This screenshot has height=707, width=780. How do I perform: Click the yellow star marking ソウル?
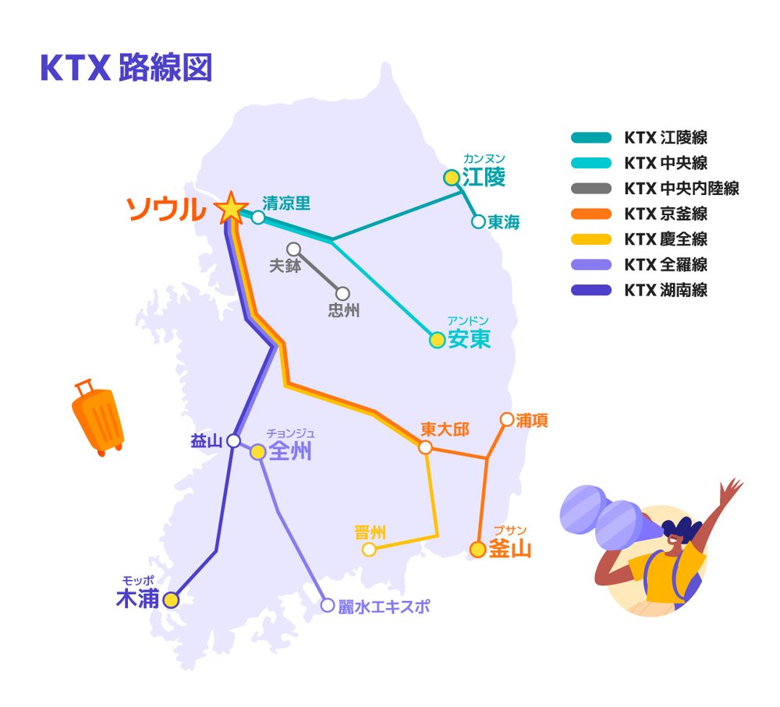click(230, 208)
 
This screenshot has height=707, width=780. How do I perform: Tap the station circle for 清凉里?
click(258, 217)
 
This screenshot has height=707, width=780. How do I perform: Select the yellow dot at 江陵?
click(451, 178)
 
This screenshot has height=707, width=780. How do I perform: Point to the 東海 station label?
click(504, 222)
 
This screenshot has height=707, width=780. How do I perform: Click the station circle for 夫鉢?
click(294, 249)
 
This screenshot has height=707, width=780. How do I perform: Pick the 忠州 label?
click(344, 310)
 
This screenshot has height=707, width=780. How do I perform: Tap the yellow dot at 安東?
click(438, 340)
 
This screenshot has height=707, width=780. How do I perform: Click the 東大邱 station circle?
click(425, 447)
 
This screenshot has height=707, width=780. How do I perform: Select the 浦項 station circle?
click(506, 420)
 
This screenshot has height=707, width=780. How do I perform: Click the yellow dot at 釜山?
click(478, 550)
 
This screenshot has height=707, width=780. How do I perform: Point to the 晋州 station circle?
click(370, 550)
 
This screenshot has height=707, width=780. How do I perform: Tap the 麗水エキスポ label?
click(384, 606)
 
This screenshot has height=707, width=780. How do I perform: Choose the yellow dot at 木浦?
click(171, 600)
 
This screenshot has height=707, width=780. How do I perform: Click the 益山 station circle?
click(233, 441)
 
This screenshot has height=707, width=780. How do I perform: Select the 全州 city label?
click(289, 452)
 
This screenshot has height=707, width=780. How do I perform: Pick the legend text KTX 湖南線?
click(666, 291)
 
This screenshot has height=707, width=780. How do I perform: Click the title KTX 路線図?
click(126, 69)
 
